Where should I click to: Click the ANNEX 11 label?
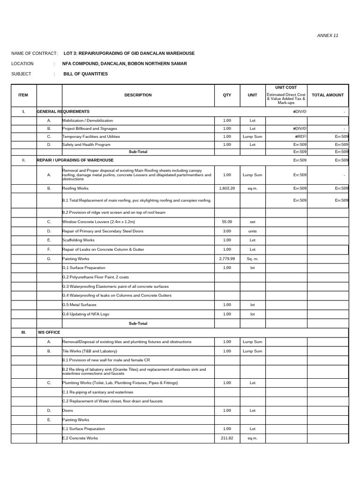[x=328, y=36]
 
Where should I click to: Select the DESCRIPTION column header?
[x=138, y=95]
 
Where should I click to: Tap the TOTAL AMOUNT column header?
[x=327, y=95]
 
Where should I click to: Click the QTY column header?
[x=227, y=95]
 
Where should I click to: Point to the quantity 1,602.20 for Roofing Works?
[x=227, y=188]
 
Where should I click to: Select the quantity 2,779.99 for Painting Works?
[x=227, y=259]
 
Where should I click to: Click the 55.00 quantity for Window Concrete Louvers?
[x=227, y=222]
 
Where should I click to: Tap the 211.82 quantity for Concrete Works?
[x=227, y=438]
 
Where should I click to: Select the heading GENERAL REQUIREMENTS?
[x=63, y=112]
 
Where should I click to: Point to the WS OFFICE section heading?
[x=49, y=332]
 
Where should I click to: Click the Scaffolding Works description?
[x=79, y=240]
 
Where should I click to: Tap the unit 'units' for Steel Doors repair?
[x=252, y=231]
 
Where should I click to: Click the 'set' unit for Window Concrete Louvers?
[x=252, y=222]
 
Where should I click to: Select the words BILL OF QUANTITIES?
[x=85, y=74]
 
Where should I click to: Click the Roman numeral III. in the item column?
[x=23, y=332]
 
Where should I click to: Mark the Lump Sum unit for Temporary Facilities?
[x=252, y=136]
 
